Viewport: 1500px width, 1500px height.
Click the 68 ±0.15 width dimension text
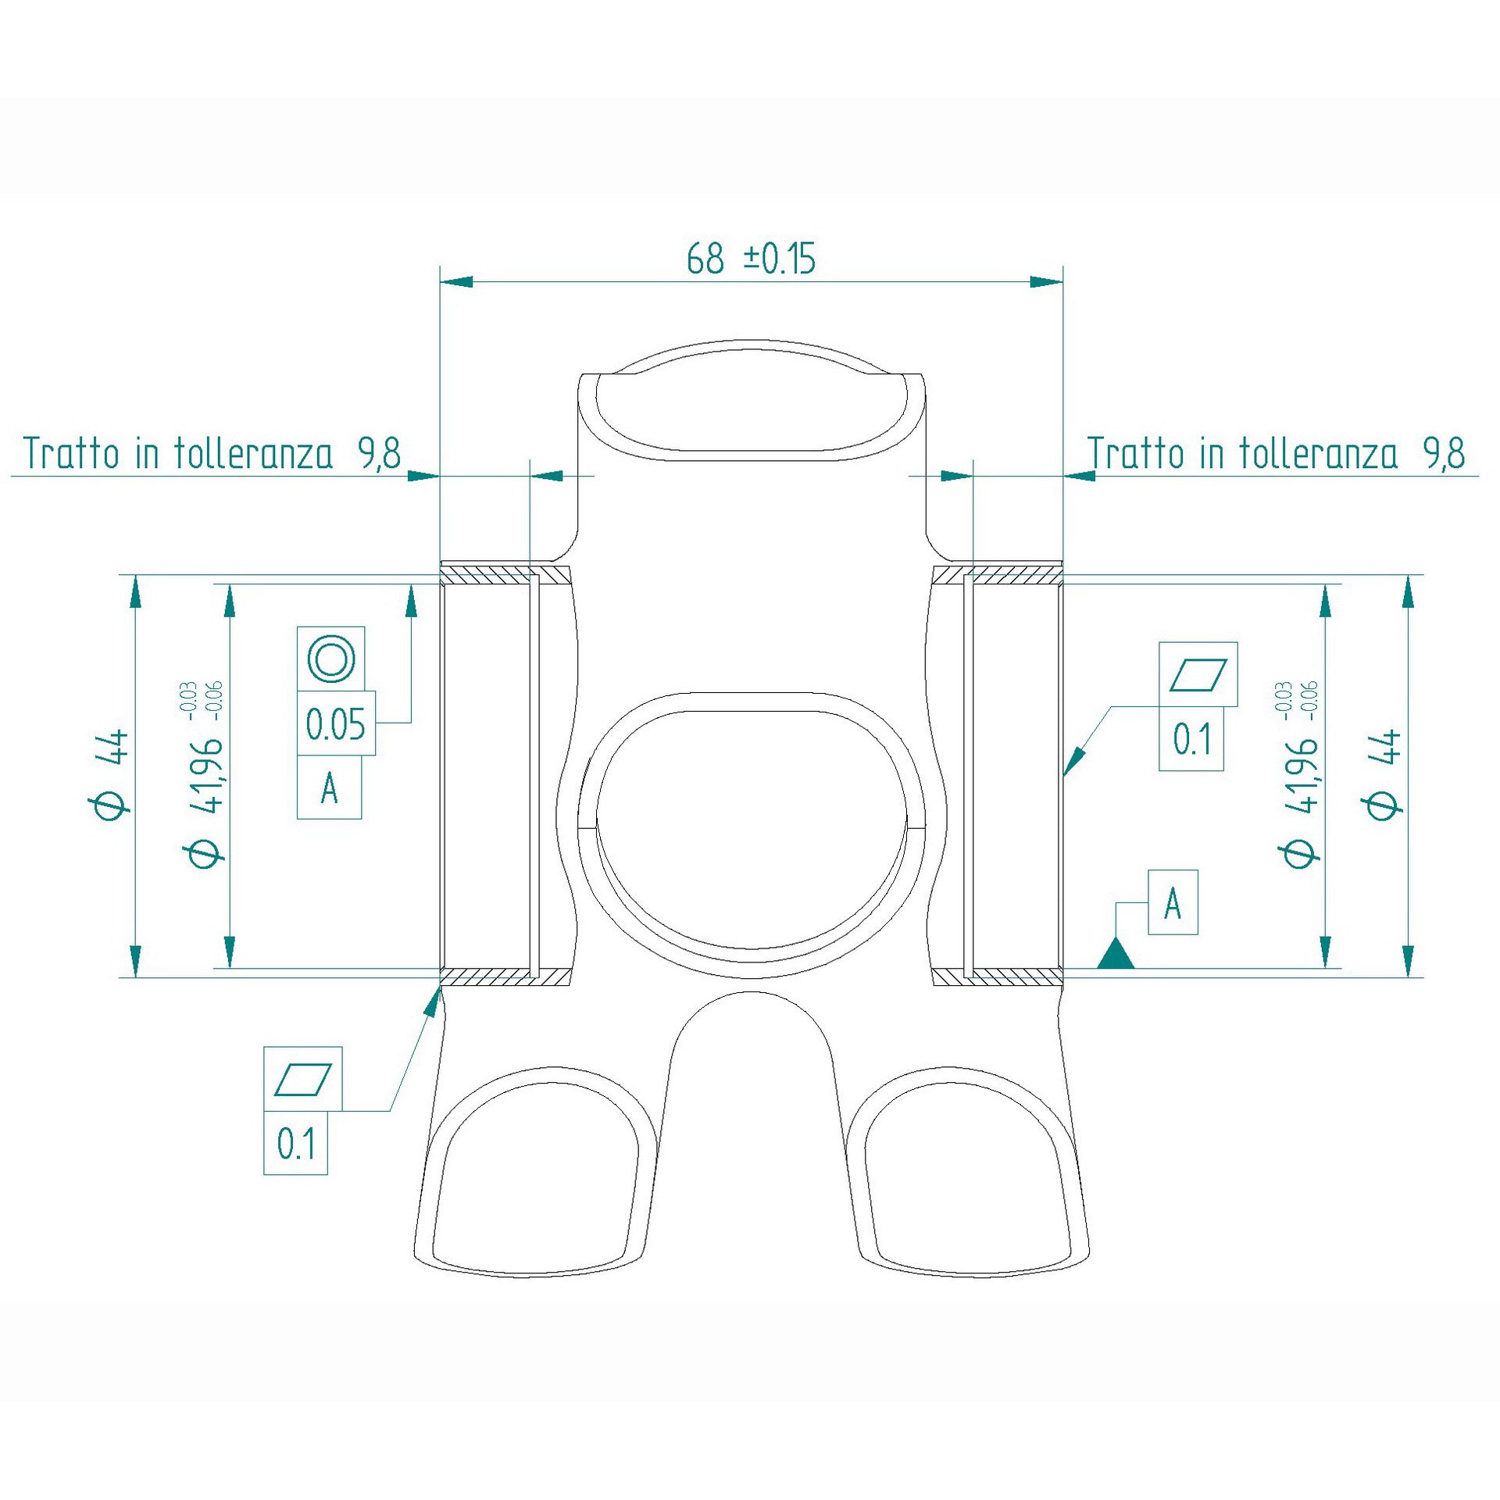(751, 259)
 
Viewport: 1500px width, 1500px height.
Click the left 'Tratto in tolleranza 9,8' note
(212, 453)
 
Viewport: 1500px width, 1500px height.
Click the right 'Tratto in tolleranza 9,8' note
(1276, 453)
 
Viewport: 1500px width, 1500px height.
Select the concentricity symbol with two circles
(331, 659)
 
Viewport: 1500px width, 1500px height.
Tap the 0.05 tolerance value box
(336, 724)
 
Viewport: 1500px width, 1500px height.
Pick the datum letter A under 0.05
(330, 788)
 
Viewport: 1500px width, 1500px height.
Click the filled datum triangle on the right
(1116, 955)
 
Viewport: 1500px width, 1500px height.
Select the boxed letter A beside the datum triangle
(1173, 903)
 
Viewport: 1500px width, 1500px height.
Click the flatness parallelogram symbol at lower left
(303, 1080)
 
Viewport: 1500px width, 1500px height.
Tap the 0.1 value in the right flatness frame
(1191, 739)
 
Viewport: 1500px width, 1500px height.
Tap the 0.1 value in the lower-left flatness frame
(296, 1144)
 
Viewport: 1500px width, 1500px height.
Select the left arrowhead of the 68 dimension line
(458, 281)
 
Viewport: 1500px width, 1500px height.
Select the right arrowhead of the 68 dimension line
(1046, 281)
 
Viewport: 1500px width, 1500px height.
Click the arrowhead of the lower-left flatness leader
(432, 1003)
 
